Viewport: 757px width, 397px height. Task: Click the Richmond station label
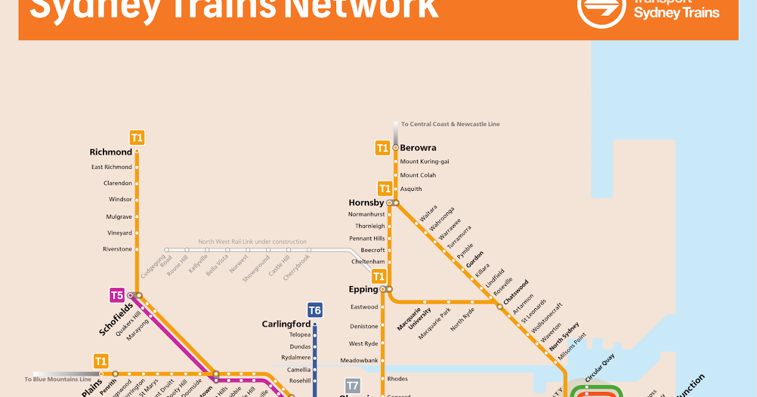pos(111,152)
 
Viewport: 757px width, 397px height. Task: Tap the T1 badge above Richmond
pos(137,137)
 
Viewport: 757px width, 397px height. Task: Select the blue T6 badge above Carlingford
pos(315,310)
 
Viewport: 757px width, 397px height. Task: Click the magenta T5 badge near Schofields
pos(117,295)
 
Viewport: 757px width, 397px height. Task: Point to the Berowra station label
pos(418,148)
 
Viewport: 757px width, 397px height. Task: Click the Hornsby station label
pos(366,203)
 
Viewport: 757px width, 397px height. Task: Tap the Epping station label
pos(363,289)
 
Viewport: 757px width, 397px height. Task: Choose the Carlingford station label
pos(286,324)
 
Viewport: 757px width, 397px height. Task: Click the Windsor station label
pos(120,199)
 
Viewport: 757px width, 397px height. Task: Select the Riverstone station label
pos(117,249)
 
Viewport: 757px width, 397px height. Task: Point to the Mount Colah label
pos(418,175)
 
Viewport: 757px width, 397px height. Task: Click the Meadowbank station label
pos(358,360)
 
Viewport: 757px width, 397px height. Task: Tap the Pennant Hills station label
pos(367,238)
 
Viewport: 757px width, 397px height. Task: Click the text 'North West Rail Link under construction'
pos(252,241)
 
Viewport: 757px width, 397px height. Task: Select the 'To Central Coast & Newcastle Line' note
pos(450,124)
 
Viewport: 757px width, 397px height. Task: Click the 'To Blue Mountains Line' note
pos(58,379)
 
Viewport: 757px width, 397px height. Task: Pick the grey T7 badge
pos(353,385)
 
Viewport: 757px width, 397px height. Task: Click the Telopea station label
pos(300,335)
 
